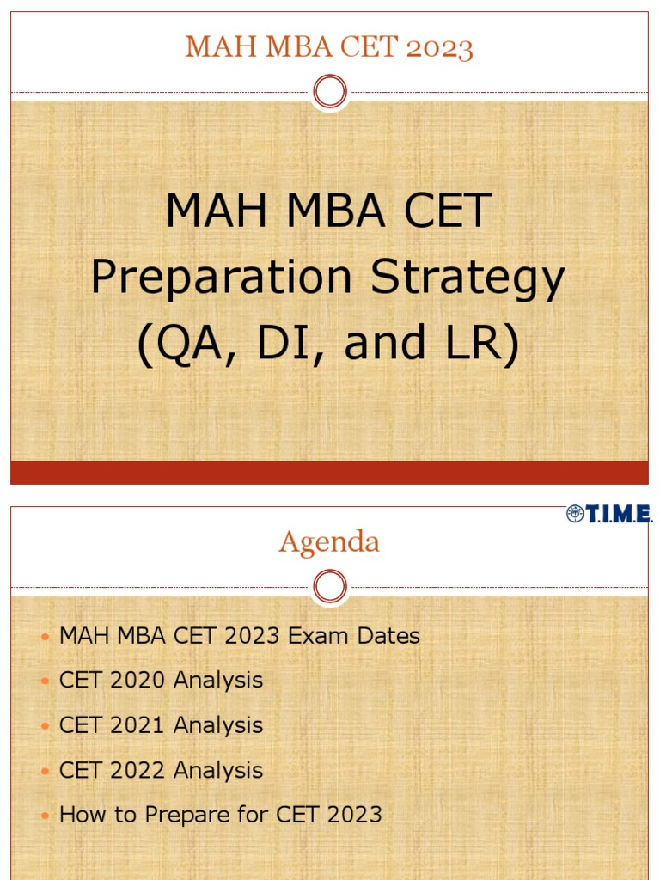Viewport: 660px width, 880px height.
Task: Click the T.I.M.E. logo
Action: [x=609, y=514]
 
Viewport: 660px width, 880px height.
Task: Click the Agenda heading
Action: [x=329, y=542]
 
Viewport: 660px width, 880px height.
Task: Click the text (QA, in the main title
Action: [x=180, y=344]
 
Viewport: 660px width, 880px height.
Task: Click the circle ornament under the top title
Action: [x=330, y=91]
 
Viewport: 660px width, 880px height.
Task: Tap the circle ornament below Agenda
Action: [x=330, y=587]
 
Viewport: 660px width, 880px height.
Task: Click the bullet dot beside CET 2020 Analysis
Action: [x=46, y=681]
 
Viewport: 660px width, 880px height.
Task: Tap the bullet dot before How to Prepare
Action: [x=46, y=816]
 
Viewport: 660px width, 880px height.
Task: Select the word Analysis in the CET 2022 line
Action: [x=218, y=770]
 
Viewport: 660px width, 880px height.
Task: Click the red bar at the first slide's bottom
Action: [x=329, y=473]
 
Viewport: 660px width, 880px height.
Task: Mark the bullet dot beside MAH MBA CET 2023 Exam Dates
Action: [x=46, y=637]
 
